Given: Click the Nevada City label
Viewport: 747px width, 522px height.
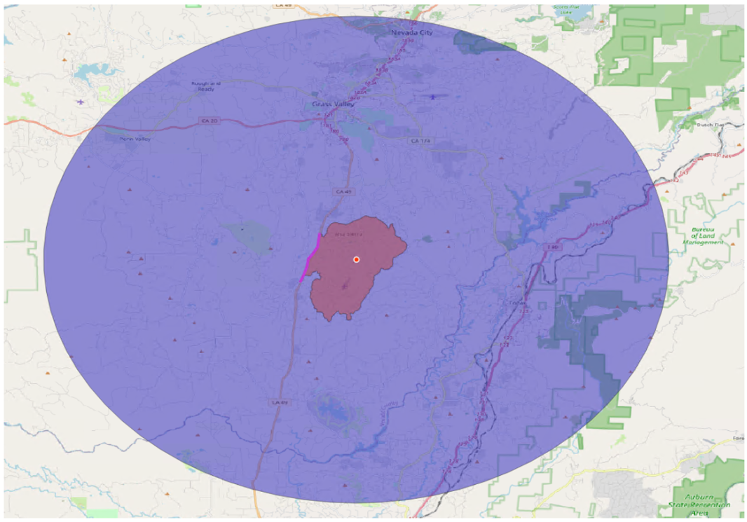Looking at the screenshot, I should click(411, 32).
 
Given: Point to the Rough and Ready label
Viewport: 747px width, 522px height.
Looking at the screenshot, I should click(206, 86).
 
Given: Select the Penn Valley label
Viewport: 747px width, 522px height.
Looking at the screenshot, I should click(135, 139).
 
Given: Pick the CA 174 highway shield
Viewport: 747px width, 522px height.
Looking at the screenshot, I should click(419, 141).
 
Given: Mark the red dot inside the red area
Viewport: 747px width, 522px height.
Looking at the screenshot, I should click(356, 259).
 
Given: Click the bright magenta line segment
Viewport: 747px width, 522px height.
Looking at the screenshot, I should click(311, 257).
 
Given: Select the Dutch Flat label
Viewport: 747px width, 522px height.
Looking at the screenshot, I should click(709, 125).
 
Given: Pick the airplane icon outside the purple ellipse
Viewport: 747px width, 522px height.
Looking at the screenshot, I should click(81, 102).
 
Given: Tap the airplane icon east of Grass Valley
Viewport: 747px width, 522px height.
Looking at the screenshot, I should click(434, 97).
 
